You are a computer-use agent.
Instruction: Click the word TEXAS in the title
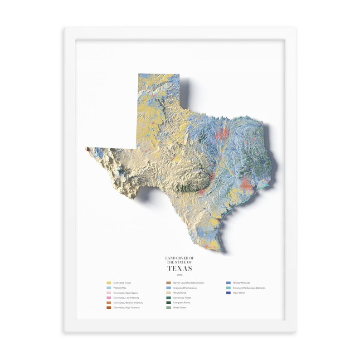pyautogui.click(x=180, y=268)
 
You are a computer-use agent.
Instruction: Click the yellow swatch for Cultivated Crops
pyautogui.click(x=109, y=282)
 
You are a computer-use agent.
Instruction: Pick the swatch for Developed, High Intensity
pyautogui.click(x=109, y=307)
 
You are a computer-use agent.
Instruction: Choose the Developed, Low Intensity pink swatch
pyautogui.click(x=109, y=297)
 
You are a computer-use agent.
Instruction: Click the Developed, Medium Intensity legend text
pyautogui.click(x=128, y=302)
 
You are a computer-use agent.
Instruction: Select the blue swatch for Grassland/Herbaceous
pyautogui.click(x=169, y=288)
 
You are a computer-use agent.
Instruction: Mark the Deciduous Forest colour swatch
pyautogui.click(x=169, y=297)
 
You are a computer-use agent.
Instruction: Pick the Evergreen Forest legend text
pyautogui.click(x=181, y=302)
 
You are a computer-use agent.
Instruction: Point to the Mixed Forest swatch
pyautogui.click(x=169, y=307)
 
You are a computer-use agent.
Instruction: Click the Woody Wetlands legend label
pyautogui.click(x=241, y=282)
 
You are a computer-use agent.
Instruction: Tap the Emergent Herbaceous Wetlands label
pyautogui.click(x=249, y=288)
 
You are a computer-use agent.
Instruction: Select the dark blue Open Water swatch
pyautogui.click(x=229, y=293)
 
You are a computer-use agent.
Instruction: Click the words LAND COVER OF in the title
pyautogui.click(x=180, y=258)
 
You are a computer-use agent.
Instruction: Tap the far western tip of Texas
pyautogui.click(x=87, y=148)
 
